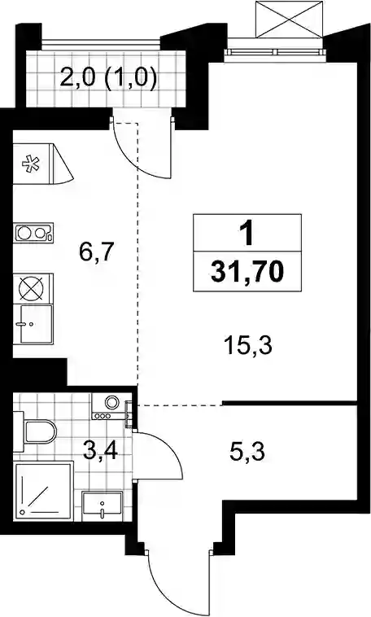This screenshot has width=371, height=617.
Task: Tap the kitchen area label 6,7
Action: tap(96, 252)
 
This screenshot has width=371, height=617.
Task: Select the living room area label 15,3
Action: tap(248, 346)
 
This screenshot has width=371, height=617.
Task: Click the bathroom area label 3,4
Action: tap(100, 450)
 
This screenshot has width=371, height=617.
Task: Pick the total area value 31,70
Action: tap(247, 273)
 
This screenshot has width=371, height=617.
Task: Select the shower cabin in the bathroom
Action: tap(43, 491)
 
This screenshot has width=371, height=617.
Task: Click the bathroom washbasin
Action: tap(103, 505)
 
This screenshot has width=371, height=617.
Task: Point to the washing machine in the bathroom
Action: tap(111, 406)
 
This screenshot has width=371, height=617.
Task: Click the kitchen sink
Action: tap(33, 323)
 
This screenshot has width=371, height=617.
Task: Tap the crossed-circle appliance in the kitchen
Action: tap(31, 289)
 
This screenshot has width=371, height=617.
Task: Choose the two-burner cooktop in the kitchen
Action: tap(33, 233)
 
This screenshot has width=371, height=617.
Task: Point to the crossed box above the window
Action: tap(289, 20)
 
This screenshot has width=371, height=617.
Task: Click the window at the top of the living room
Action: tap(276, 51)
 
